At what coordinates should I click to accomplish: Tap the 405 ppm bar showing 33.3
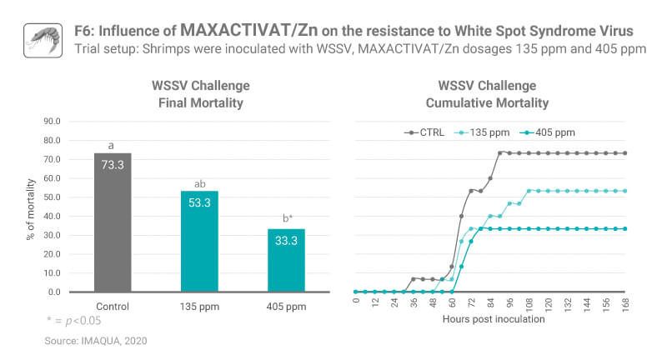click(286, 260)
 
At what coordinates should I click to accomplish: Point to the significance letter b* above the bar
click(286, 218)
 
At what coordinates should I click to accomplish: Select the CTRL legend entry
click(424, 132)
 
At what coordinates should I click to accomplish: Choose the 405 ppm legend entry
click(545, 132)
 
